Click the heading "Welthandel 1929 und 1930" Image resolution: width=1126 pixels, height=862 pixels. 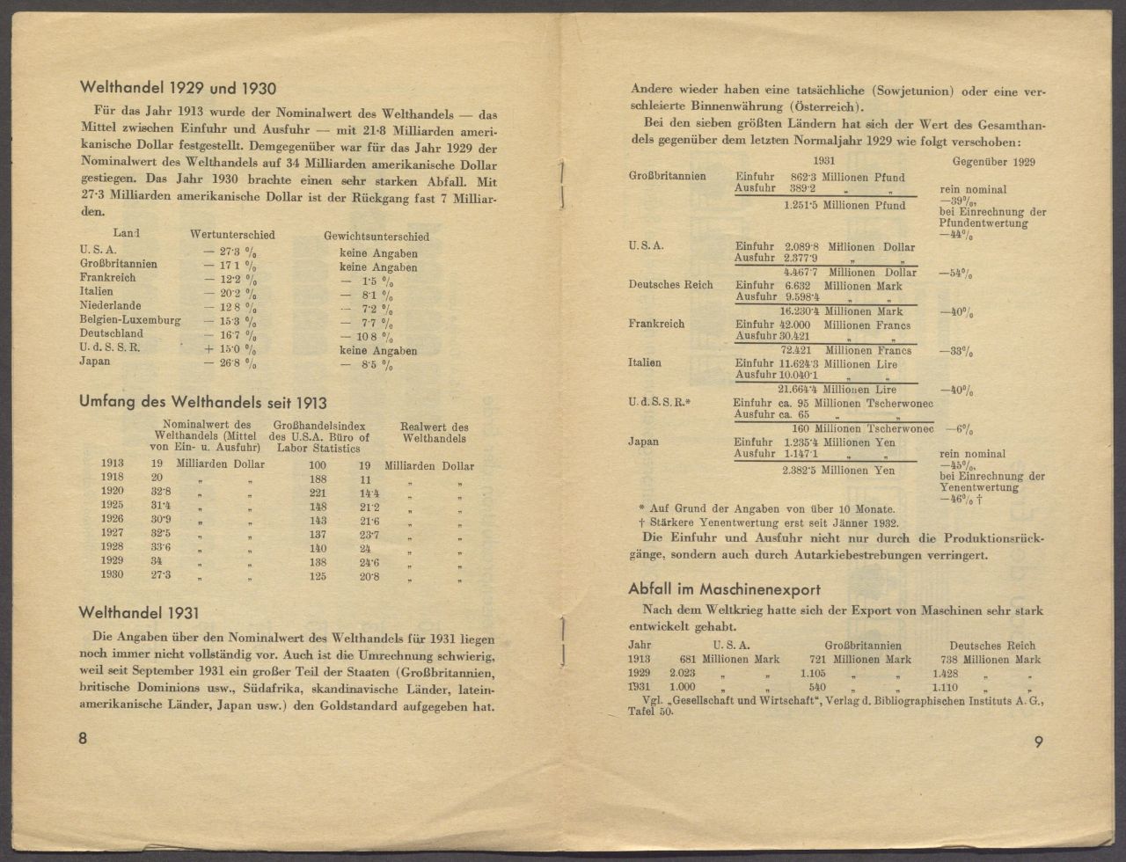pos(178,88)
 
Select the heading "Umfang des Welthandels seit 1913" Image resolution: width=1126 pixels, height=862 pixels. pos(202,403)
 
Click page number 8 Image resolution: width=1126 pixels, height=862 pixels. pos(83,739)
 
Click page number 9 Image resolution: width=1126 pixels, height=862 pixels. pos(1039,741)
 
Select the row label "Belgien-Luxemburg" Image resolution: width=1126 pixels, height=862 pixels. pos(129,320)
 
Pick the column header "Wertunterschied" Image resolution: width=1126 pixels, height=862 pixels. pos(232,235)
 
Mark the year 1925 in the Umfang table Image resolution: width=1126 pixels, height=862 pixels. pos(112,507)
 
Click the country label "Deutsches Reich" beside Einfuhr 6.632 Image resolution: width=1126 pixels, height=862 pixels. pos(670,285)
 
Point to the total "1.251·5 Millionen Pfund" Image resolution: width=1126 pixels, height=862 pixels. pos(844,206)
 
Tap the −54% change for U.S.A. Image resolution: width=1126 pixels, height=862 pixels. pos(956,274)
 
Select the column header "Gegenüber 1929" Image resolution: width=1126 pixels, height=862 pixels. pos(993,162)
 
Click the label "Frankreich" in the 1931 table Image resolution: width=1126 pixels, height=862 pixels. pos(656,324)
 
